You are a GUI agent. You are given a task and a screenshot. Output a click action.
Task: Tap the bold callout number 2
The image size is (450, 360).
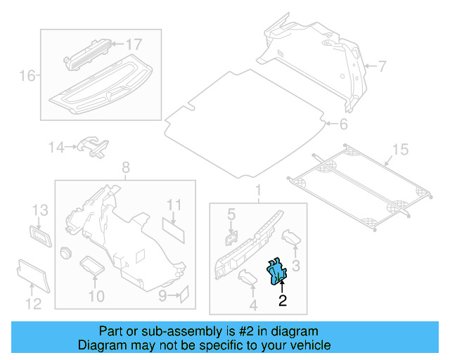pos(283,302)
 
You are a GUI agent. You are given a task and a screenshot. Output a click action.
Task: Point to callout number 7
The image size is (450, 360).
pos(382,67)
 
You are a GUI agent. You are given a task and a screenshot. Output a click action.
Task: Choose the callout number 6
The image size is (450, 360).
pos(343,125)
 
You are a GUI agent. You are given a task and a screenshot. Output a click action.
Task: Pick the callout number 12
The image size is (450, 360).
pos(33,304)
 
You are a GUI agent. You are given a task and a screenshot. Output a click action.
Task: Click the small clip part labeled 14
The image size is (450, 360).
pos(93,146)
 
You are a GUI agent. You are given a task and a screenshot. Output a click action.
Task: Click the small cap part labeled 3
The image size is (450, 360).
pos(291,237)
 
